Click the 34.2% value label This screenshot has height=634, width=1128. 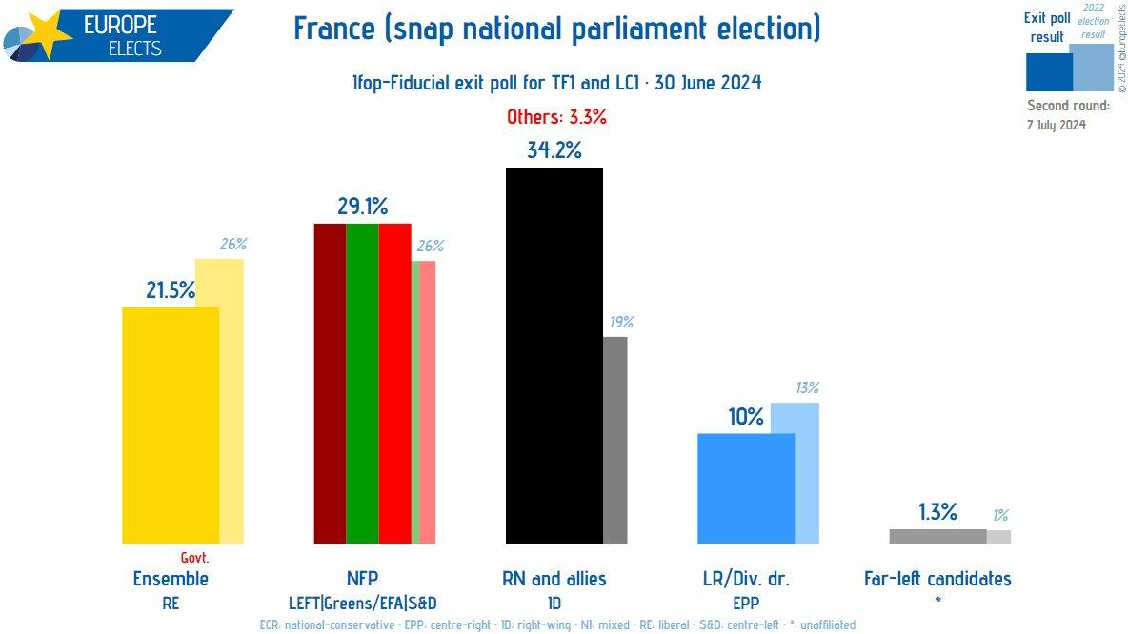554,150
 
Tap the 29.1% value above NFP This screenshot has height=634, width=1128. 362,207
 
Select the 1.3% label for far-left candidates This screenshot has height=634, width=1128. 937,512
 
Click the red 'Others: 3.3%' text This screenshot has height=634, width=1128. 556,118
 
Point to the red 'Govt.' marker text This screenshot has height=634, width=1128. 194,558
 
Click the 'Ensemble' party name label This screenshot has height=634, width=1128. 171,579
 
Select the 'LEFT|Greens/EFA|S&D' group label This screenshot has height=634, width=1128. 362,603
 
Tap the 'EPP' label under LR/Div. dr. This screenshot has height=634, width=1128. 746,603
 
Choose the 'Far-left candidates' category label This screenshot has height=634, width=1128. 937,579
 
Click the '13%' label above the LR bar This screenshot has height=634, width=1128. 806,387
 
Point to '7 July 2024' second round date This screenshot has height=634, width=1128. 1056,125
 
